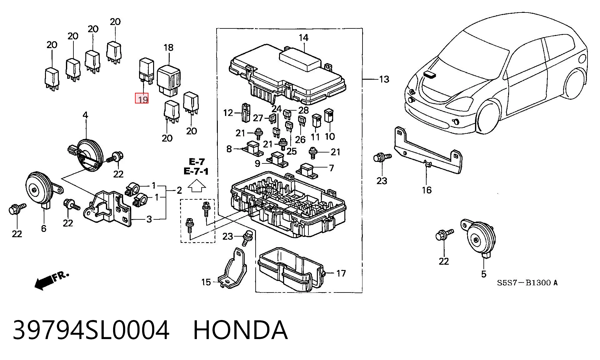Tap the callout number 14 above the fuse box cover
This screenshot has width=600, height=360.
[303, 38]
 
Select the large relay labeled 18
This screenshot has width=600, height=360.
[169, 80]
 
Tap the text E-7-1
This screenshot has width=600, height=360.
[196, 171]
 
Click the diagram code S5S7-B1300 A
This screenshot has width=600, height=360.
[527, 283]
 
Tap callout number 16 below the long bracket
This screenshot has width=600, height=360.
[427, 190]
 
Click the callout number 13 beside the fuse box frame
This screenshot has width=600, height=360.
[384, 79]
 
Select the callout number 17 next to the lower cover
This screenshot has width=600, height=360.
[341, 273]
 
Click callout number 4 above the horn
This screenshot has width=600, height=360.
[85, 115]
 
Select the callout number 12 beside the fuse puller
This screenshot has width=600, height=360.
[228, 112]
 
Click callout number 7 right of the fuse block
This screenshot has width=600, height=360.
[332, 168]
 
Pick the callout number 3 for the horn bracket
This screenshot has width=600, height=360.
[149, 219]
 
